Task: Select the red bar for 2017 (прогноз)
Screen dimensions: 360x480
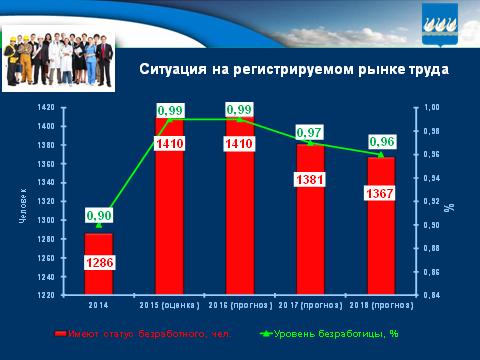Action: pyautogui.click(x=309, y=230)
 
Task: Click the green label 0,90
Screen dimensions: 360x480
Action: pyautogui.click(x=98, y=214)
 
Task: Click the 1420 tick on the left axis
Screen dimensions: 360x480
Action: pyautogui.click(x=45, y=107)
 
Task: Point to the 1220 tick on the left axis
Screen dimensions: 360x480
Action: pyautogui.click(x=45, y=296)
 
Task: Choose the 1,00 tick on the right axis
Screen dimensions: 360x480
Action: pyautogui.click(x=431, y=107)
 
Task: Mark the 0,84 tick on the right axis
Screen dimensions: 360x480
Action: pyautogui.click(x=431, y=296)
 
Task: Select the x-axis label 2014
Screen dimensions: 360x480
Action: pyautogui.click(x=98, y=304)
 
